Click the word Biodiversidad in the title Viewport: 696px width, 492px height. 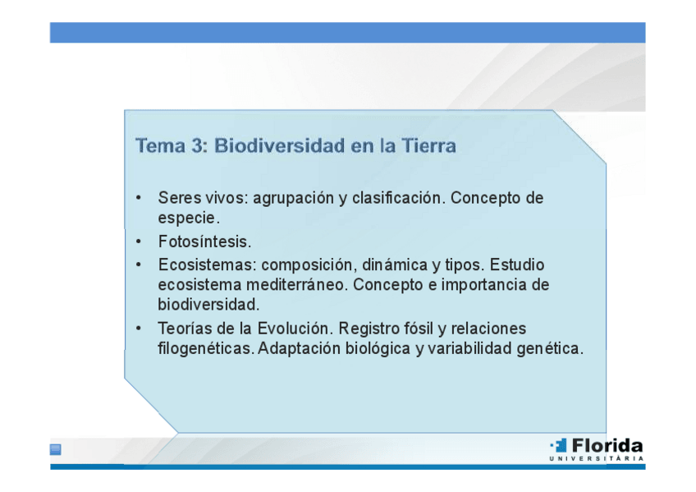pos(280,145)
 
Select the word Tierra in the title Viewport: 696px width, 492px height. pos(428,145)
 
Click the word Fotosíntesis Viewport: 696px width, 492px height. pos(204,241)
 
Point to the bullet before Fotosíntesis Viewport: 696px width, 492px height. pos(139,241)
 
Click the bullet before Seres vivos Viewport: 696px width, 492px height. pos(139,197)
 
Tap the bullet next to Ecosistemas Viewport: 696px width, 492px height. pos(139,264)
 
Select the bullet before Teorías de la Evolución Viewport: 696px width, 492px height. pos(139,329)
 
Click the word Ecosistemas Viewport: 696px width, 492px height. pos(208,264)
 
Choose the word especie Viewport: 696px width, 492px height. pos(189,218)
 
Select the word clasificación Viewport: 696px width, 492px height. pos(398,198)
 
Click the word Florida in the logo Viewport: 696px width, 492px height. pos(607,445)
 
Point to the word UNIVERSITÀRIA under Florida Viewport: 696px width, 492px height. pos(597,458)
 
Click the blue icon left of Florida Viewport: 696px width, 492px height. pos(559,445)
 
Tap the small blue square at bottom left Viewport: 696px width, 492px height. pos(56,449)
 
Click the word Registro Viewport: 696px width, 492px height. pos(369,329)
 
